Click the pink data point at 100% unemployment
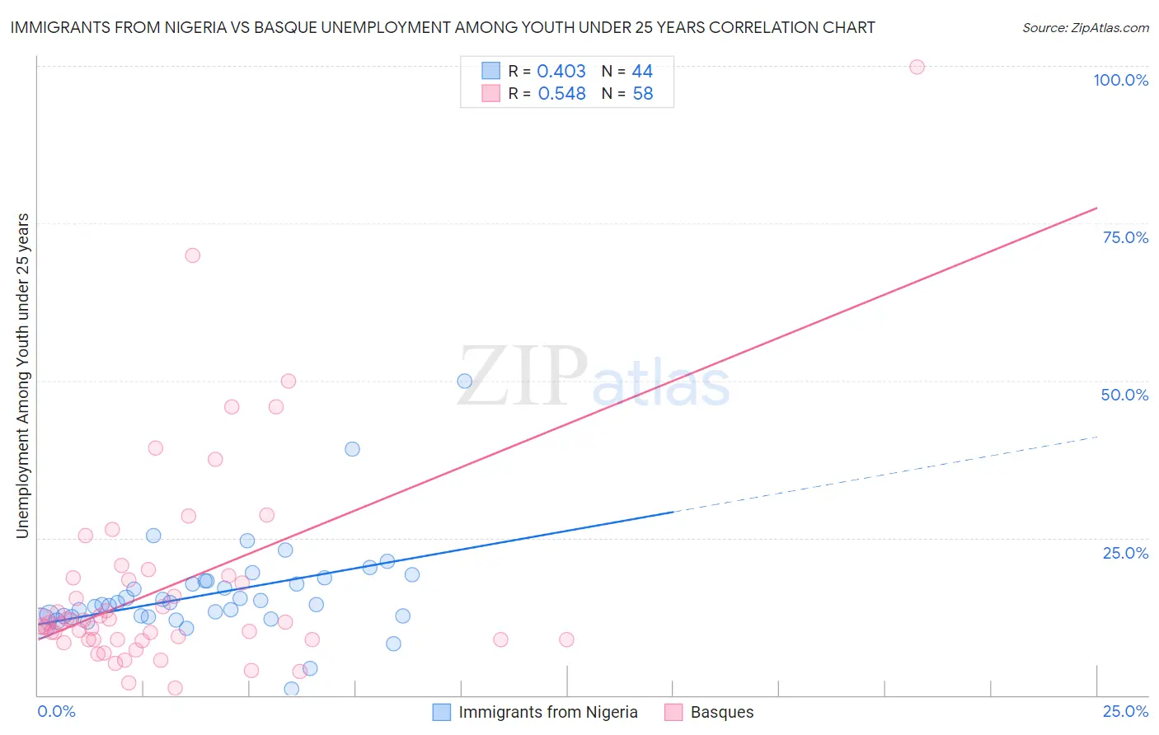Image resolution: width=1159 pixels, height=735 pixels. [917, 67]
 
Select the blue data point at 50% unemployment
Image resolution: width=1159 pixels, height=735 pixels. [464, 381]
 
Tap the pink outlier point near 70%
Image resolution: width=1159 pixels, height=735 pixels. [192, 255]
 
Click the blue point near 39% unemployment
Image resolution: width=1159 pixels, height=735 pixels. [352, 449]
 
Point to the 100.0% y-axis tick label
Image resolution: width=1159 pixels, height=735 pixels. [1120, 80]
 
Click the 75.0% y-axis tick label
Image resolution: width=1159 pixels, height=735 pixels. [1125, 237]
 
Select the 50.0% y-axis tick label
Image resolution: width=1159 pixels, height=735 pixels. [1124, 395]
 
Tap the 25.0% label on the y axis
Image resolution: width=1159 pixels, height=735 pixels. [1125, 553]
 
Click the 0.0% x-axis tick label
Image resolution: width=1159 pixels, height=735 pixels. [56, 711]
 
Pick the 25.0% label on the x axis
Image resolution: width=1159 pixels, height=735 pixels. [1125, 711]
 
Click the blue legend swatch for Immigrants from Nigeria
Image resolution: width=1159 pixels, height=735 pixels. [442, 712]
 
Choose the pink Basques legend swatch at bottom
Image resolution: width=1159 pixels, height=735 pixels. [673, 712]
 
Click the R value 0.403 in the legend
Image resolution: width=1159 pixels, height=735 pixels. [561, 71]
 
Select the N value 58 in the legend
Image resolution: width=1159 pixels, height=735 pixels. [642, 94]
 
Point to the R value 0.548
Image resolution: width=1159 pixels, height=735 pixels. [561, 94]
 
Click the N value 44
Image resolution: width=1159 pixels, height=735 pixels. [642, 71]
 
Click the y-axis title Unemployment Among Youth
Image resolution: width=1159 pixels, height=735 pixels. [22, 376]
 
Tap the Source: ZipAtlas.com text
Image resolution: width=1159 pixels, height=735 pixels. [1085, 27]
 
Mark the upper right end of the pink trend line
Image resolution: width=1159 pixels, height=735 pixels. [1096, 208]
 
